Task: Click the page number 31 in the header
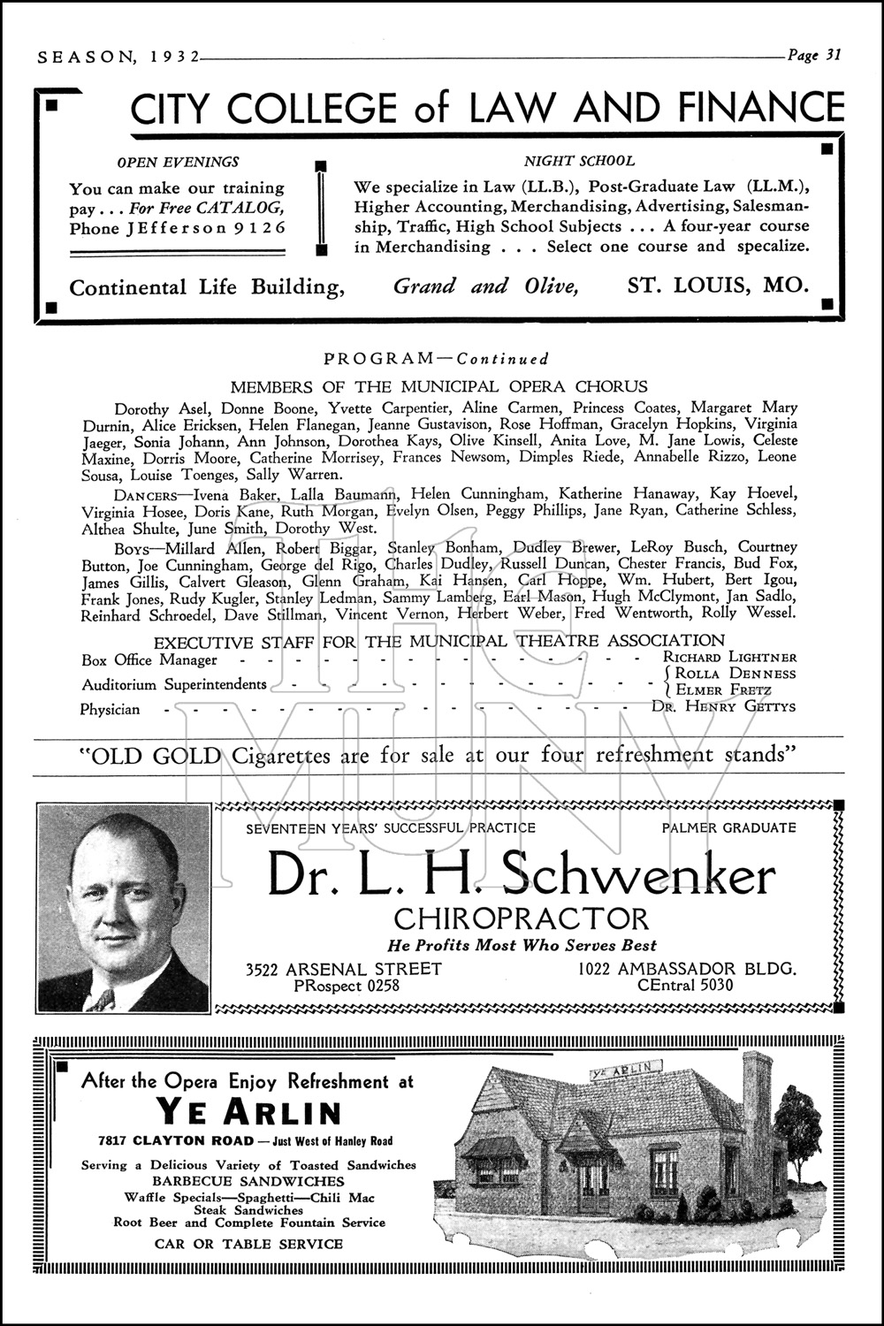(833, 55)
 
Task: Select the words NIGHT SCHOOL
(579, 161)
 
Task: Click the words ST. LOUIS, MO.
(718, 286)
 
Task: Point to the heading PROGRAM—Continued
(437, 359)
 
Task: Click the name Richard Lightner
(729, 657)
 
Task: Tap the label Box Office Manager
(149, 659)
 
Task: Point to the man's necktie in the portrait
(103, 1000)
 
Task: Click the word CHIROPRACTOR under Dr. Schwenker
(522, 918)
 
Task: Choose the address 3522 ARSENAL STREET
(344, 969)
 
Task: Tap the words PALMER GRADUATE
(728, 828)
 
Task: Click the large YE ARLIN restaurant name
(248, 1111)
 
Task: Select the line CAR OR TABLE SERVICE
(248, 1244)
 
